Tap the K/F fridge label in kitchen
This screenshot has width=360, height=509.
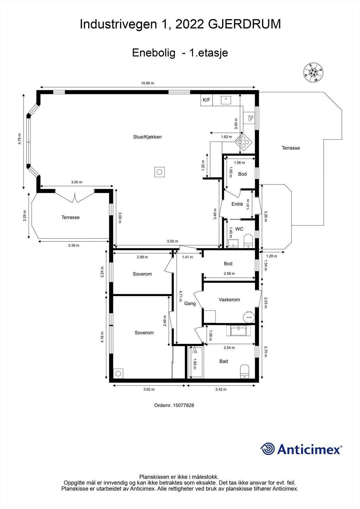coord(206,100)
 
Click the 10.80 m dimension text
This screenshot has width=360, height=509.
coord(148,83)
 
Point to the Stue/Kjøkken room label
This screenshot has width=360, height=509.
coord(147,137)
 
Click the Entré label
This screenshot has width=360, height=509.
coord(237,204)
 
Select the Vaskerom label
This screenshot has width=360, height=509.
coord(229,300)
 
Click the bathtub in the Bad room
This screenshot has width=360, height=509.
coord(195,362)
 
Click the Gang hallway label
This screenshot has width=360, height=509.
coord(190,303)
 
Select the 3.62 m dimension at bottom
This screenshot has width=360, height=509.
coord(149,389)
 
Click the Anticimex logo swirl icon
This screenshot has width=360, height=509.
coord(268,449)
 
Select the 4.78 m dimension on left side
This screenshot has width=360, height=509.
coord(20,139)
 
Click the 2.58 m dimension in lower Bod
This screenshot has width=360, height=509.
coord(229,274)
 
